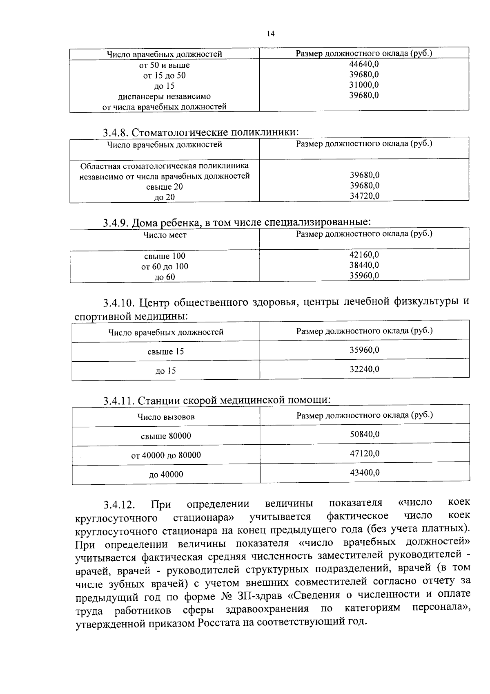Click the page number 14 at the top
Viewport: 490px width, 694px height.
coord(270,34)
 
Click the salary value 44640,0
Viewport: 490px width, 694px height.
coord(364,64)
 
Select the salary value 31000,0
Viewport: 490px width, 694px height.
coord(364,85)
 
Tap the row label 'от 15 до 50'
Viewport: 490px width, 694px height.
coord(164,76)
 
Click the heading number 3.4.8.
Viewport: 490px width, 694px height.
coord(116,133)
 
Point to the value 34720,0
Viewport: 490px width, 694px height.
coord(365,196)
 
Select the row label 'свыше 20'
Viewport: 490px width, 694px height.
coord(164,187)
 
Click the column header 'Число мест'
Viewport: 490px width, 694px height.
coord(165,235)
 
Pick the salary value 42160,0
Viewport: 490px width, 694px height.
coord(364,254)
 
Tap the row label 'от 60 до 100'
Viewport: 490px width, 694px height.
coord(165,266)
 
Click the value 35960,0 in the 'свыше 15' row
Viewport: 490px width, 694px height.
coord(364,350)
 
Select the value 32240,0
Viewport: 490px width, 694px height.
coord(364,369)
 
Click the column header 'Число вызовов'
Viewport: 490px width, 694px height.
coord(166,417)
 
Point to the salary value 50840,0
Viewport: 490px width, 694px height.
coord(365,434)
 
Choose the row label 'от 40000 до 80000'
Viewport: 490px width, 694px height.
coord(166,455)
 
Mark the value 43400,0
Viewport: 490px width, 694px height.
coord(365,472)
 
